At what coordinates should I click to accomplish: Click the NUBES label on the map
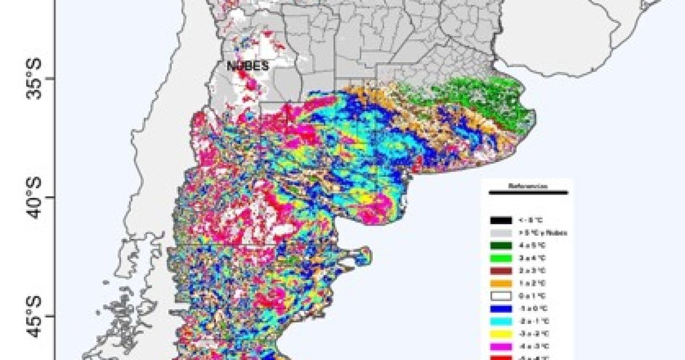(x=248, y=66)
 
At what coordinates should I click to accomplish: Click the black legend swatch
(x=500, y=220)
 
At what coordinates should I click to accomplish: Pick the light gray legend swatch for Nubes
(x=500, y=233)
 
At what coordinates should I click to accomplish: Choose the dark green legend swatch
(x=500, y=246)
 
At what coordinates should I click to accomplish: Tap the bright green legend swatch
(x=500, y=258)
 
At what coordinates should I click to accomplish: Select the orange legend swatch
(x=500, y=284)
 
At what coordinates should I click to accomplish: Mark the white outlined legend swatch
(x=500, y=296)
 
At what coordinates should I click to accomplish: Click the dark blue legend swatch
(x=500, y=309)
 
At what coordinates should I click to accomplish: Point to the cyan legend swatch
(x=500, y=321)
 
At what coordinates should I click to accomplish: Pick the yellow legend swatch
(x=500, y=334)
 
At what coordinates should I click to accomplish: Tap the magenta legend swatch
(x=500, y=346)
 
